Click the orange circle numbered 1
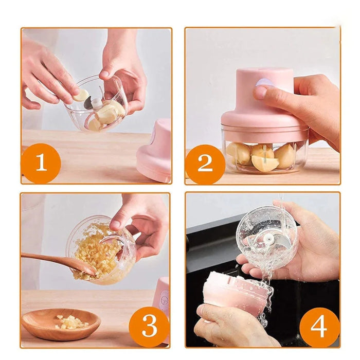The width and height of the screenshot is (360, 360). coord(41,163)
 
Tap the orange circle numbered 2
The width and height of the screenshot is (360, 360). coord(205,164)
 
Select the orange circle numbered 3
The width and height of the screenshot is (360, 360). coord(149,326)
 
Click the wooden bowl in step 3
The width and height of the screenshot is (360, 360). coord(61,324)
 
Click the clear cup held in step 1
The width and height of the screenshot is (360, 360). coord(98,105)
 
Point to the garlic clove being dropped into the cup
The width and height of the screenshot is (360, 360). coord(81,95)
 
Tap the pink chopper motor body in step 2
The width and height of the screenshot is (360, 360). coord(257,103)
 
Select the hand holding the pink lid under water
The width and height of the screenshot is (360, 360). coord(226,327)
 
